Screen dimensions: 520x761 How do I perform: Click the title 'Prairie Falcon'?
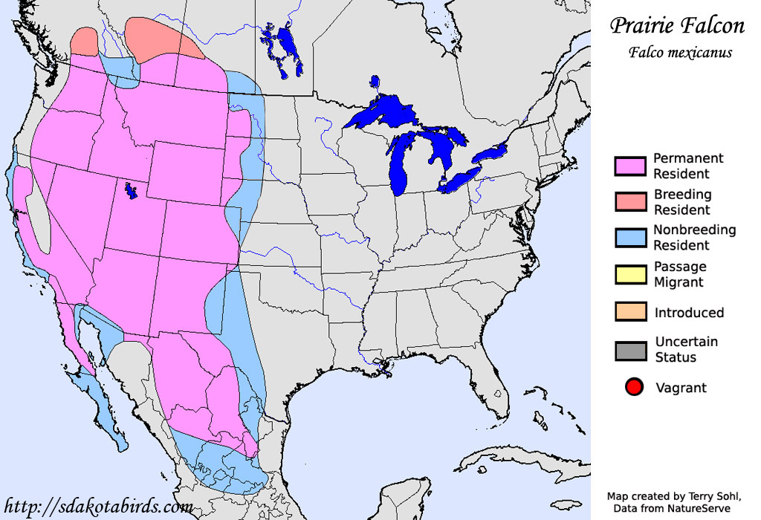point(677,26)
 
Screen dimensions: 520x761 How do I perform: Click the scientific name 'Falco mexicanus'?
point(679,53)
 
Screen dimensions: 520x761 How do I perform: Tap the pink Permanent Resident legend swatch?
point(629,166)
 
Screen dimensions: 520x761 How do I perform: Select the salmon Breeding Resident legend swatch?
point(629,202)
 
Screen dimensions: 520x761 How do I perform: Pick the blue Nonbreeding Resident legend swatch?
point(629,238)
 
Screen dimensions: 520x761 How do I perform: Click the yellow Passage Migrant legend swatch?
point(629,274)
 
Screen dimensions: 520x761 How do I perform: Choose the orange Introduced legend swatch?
point(629,312)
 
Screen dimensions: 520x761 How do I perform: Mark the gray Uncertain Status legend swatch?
point(629,350)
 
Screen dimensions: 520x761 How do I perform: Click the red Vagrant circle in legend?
point(634,387)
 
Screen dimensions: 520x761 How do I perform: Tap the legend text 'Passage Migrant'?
point(679,274)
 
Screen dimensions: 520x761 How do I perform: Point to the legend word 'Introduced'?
point(688,313)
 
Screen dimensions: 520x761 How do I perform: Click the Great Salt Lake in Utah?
point(132,192)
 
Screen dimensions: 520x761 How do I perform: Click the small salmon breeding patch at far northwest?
point(85,42)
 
